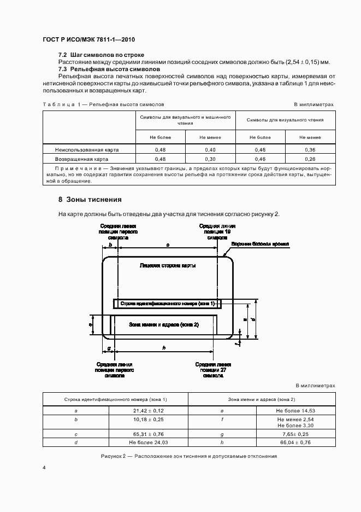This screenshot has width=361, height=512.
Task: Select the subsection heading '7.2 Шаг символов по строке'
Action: coord(101,56)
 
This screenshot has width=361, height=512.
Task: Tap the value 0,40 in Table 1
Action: coord(210,149)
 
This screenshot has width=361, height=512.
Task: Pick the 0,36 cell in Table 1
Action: coord(310,149)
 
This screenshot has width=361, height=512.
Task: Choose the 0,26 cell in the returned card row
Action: coord(310,159)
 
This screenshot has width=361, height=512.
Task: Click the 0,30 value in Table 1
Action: coord(210,159)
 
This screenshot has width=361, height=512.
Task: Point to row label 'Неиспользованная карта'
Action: coord(87,149)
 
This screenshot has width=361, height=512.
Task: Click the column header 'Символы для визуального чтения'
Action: coord(285,120)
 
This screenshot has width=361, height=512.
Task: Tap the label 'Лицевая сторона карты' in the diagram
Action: coord(168,266)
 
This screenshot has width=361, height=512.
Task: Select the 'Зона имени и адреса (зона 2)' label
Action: coord(163,324)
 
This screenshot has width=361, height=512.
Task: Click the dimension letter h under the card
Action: coord(164,348)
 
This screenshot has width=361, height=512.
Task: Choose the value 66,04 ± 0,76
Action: coord(295,443)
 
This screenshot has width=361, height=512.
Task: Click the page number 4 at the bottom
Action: coord(44,468)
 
